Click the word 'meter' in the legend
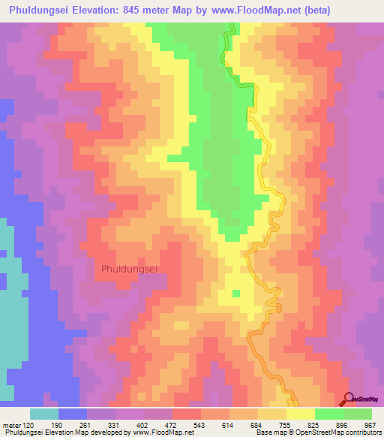click(x=12, y=424)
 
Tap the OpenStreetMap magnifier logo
click(x=349, y=399)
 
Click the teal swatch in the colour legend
click(x=44, y=414)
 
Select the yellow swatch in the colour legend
click(x=300, y=414)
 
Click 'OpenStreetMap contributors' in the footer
click(x=341, y=432)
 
